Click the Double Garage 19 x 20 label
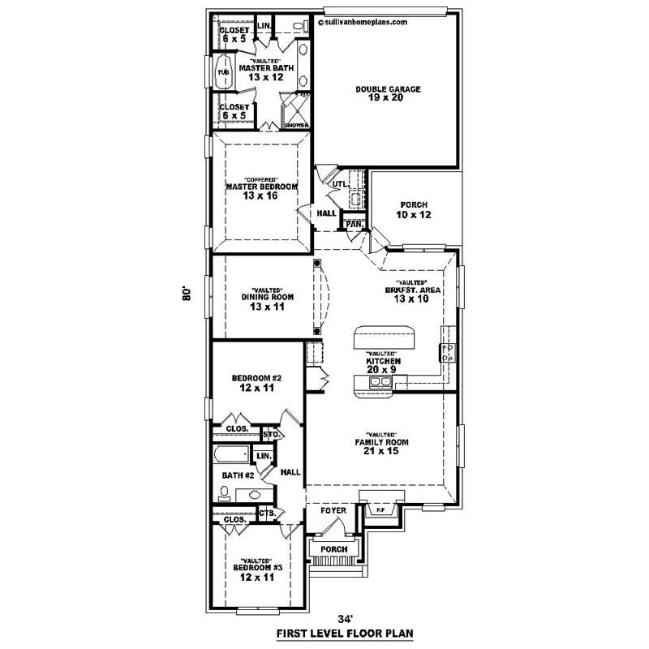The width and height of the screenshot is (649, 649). tap(388, 94)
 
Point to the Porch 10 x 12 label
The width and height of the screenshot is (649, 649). tap(414, 210)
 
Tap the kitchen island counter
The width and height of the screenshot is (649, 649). tap(385, 336)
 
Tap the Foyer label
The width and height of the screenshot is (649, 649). tap(333, 511)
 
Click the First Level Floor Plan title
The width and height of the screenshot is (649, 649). tap(329, 634)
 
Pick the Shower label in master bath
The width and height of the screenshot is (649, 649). tap(295, 126)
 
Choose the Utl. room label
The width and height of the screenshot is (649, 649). tap(339, 185)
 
